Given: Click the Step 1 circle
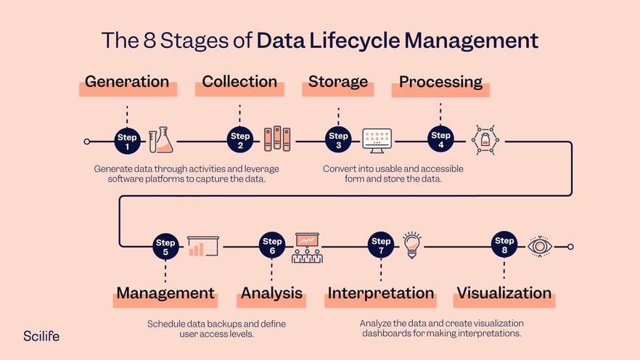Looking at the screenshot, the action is [x=128, y=142].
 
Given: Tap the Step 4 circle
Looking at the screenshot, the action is [x=440, y=139].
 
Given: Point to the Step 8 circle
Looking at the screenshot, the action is [x=504, y=245].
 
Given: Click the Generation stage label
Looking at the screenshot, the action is [x=127, y=81].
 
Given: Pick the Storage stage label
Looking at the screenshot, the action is [x=338, y=81].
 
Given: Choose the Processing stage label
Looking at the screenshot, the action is [x=440, y=82].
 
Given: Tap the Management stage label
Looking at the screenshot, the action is [x=165, y=293].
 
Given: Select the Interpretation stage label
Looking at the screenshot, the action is [x=381, y=293].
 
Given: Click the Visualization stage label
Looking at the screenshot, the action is [x=504, y=292].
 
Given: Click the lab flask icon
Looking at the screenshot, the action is [x=161, y=140].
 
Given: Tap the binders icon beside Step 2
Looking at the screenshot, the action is [x=277, y=139].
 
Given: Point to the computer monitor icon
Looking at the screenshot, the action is [x=377, y=141].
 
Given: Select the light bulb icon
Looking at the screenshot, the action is [x=412, y=245].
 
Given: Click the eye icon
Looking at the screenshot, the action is [x=540, y=247].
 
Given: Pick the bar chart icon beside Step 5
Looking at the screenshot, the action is [x=203, y=246].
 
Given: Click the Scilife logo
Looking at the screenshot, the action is [x=41, y=336].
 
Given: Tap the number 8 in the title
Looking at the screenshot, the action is [x=149, y=41].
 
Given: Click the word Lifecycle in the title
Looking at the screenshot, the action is [x=354, y=41].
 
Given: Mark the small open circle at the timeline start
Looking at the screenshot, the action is [x=87, y=142].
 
